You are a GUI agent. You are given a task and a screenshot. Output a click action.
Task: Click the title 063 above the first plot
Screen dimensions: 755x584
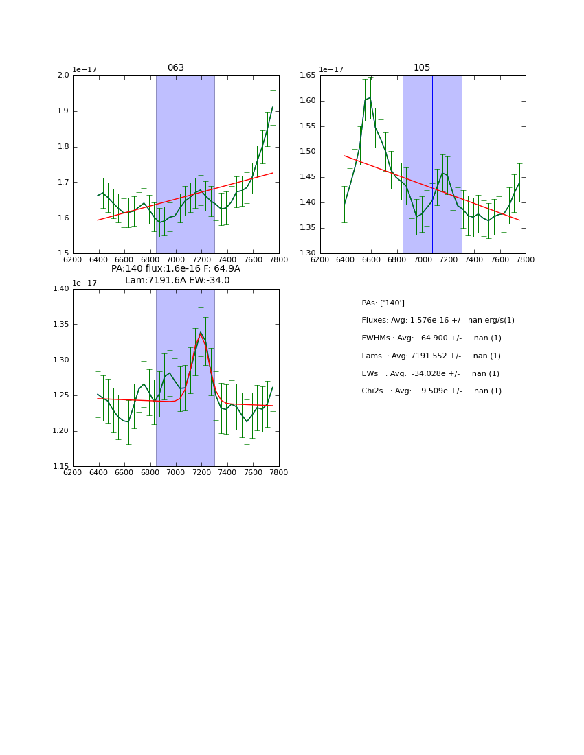tap(176, 68)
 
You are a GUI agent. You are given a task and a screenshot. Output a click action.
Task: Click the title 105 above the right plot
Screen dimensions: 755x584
tap(422, 68)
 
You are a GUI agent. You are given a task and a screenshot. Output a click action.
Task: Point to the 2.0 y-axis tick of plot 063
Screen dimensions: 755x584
tap(63, 75)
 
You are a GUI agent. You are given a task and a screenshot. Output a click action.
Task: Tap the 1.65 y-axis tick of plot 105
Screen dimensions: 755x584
tap(307, 75)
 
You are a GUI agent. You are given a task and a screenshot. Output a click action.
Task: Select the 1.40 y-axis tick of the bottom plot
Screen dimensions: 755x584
tap(60, 289)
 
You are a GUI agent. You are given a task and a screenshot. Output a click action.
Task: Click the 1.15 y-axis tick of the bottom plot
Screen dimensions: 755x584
tap(60, 467)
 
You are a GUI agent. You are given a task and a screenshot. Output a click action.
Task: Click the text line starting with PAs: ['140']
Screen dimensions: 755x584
tap(383, 303)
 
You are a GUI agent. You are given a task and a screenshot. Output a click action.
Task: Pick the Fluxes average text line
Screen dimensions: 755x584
tap(438, 321)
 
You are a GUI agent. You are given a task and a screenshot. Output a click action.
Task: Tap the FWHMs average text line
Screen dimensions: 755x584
tap(431, 338)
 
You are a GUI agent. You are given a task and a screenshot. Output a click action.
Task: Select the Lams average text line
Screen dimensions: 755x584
tap(431, 356)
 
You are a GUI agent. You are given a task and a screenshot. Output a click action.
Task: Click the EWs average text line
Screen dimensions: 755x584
tap(430, 373)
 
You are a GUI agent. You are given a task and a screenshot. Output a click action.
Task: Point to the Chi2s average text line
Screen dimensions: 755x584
tap(431, 391)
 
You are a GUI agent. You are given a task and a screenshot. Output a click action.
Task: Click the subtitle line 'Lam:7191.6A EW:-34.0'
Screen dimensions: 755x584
tap(177, 281)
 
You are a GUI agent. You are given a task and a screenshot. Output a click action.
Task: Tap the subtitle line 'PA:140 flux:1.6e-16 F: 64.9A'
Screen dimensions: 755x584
tap(176, 269)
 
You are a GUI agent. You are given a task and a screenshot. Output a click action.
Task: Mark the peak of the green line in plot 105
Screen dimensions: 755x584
tap(370, 97)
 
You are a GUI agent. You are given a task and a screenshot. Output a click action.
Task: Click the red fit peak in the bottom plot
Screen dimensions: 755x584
tap(201, 334)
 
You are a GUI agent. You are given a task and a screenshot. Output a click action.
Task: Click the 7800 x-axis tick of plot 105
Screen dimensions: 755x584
tap(526, 259)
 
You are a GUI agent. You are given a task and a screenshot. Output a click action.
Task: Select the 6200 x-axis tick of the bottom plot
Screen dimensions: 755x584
tap(73, 472)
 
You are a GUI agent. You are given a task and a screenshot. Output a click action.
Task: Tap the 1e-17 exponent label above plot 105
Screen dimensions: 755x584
tap(332, 70)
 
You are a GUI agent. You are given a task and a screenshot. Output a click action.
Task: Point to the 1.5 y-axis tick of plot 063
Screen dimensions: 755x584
tap(63, 253)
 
